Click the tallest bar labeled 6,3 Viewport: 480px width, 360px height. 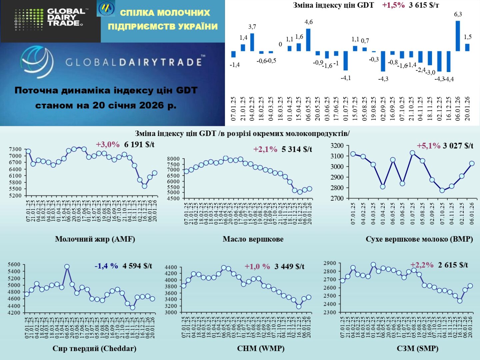click(x=458, y=36)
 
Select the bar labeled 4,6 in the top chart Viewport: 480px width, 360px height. click(x=308, y=40)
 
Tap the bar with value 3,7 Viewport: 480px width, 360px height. click(x=252, y=42)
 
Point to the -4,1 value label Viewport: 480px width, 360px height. click(x=346, y=78)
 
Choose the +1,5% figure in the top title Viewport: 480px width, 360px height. click(x=393, y=5)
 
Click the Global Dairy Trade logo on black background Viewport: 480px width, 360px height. click(x=50, y=20)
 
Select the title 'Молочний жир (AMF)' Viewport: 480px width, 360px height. click(x=95, y=239)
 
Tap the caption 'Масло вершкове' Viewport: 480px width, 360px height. click(x=253, y=239)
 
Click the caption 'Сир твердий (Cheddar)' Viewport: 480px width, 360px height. click(x=94, y=349)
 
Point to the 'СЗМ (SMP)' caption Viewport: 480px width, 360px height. click(x=417, y=349)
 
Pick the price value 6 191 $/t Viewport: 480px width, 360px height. click(x=139, y=145)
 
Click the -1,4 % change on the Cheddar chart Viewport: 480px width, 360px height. click(x=106, y=266)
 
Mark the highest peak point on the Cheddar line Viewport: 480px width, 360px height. click(x=67, y=267)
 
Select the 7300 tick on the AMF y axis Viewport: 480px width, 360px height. click(x=15, y=149)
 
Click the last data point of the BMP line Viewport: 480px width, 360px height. click(x=472, y=164)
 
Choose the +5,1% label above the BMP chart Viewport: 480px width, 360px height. click(x=428, y=146)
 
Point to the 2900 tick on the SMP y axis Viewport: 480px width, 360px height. click(x=330, y=263)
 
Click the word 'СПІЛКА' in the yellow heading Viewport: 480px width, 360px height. click(x=137, y=13)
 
